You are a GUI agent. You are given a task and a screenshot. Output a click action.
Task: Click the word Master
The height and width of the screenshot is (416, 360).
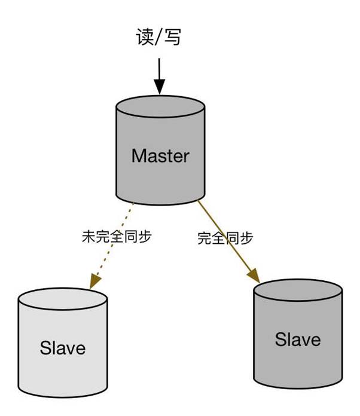[160, 156]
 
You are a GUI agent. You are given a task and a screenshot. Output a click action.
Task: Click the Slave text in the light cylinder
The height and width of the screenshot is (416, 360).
[63, 347]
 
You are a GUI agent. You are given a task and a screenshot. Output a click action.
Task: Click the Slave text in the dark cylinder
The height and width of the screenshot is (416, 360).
[298, 339]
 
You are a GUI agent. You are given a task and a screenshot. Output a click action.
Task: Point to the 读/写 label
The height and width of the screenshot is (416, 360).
[156, 37]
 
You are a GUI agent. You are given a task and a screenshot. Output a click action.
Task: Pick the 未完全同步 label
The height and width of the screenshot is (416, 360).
[117, 237]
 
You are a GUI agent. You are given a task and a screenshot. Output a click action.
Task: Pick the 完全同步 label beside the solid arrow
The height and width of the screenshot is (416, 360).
[225, 238]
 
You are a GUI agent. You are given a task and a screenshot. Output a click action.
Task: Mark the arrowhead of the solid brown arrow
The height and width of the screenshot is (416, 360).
[254, 275]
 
